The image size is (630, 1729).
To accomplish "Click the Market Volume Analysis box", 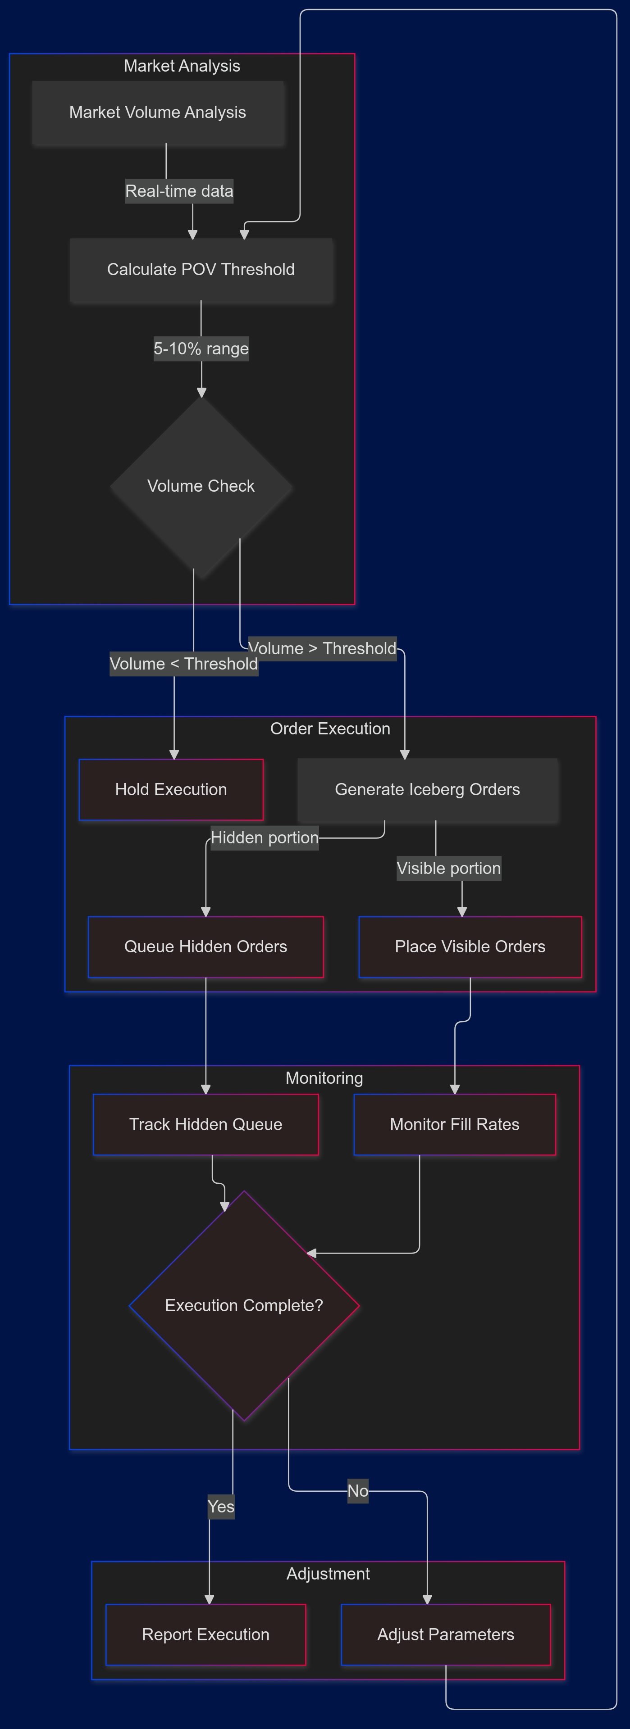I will click(158, 113).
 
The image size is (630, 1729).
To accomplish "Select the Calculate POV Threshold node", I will click(201, 270).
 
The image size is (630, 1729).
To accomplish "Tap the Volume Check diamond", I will click(201, 486).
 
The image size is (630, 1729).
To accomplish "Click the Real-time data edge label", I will click(179, 191).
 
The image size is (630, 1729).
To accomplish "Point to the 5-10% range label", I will click(201, 349).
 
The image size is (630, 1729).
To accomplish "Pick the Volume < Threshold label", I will click(183, 664).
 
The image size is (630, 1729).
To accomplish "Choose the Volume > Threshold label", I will click(322, 648).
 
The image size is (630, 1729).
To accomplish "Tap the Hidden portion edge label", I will click(265, 837).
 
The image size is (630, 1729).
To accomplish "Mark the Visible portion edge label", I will click(449, 869).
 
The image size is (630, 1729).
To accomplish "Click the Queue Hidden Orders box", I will click(205, 946).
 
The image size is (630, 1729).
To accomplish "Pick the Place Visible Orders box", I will click(470, 946).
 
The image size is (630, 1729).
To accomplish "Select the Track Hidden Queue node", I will click(205, 1124).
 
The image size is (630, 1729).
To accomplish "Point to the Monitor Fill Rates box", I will click(455, 1124).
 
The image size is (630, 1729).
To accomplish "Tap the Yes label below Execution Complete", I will click(221, 1507).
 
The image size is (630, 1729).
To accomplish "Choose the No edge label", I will click(358, 1491).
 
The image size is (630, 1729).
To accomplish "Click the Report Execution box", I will click(205, 1634).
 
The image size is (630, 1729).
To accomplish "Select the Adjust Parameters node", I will click(446, 1634).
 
